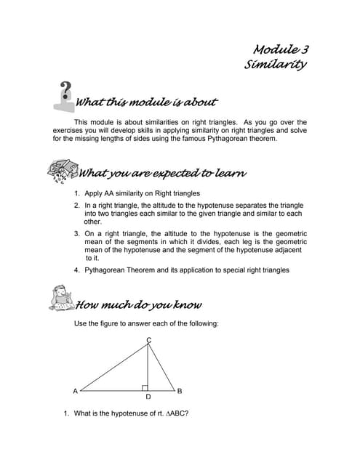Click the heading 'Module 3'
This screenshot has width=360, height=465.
280,49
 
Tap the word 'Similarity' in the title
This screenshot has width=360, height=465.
275,65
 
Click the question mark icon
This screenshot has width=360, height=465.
65,94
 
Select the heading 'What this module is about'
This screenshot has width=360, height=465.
146,102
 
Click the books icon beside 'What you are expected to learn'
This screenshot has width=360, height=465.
60,173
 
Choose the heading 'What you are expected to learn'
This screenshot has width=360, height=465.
161,173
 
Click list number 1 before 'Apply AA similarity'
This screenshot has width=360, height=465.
77,194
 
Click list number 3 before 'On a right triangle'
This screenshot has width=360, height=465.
77,234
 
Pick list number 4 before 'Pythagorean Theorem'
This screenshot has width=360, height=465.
77,270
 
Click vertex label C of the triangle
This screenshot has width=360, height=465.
148,341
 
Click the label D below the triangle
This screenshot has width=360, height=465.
148,397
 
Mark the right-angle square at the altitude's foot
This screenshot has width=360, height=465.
145,388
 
